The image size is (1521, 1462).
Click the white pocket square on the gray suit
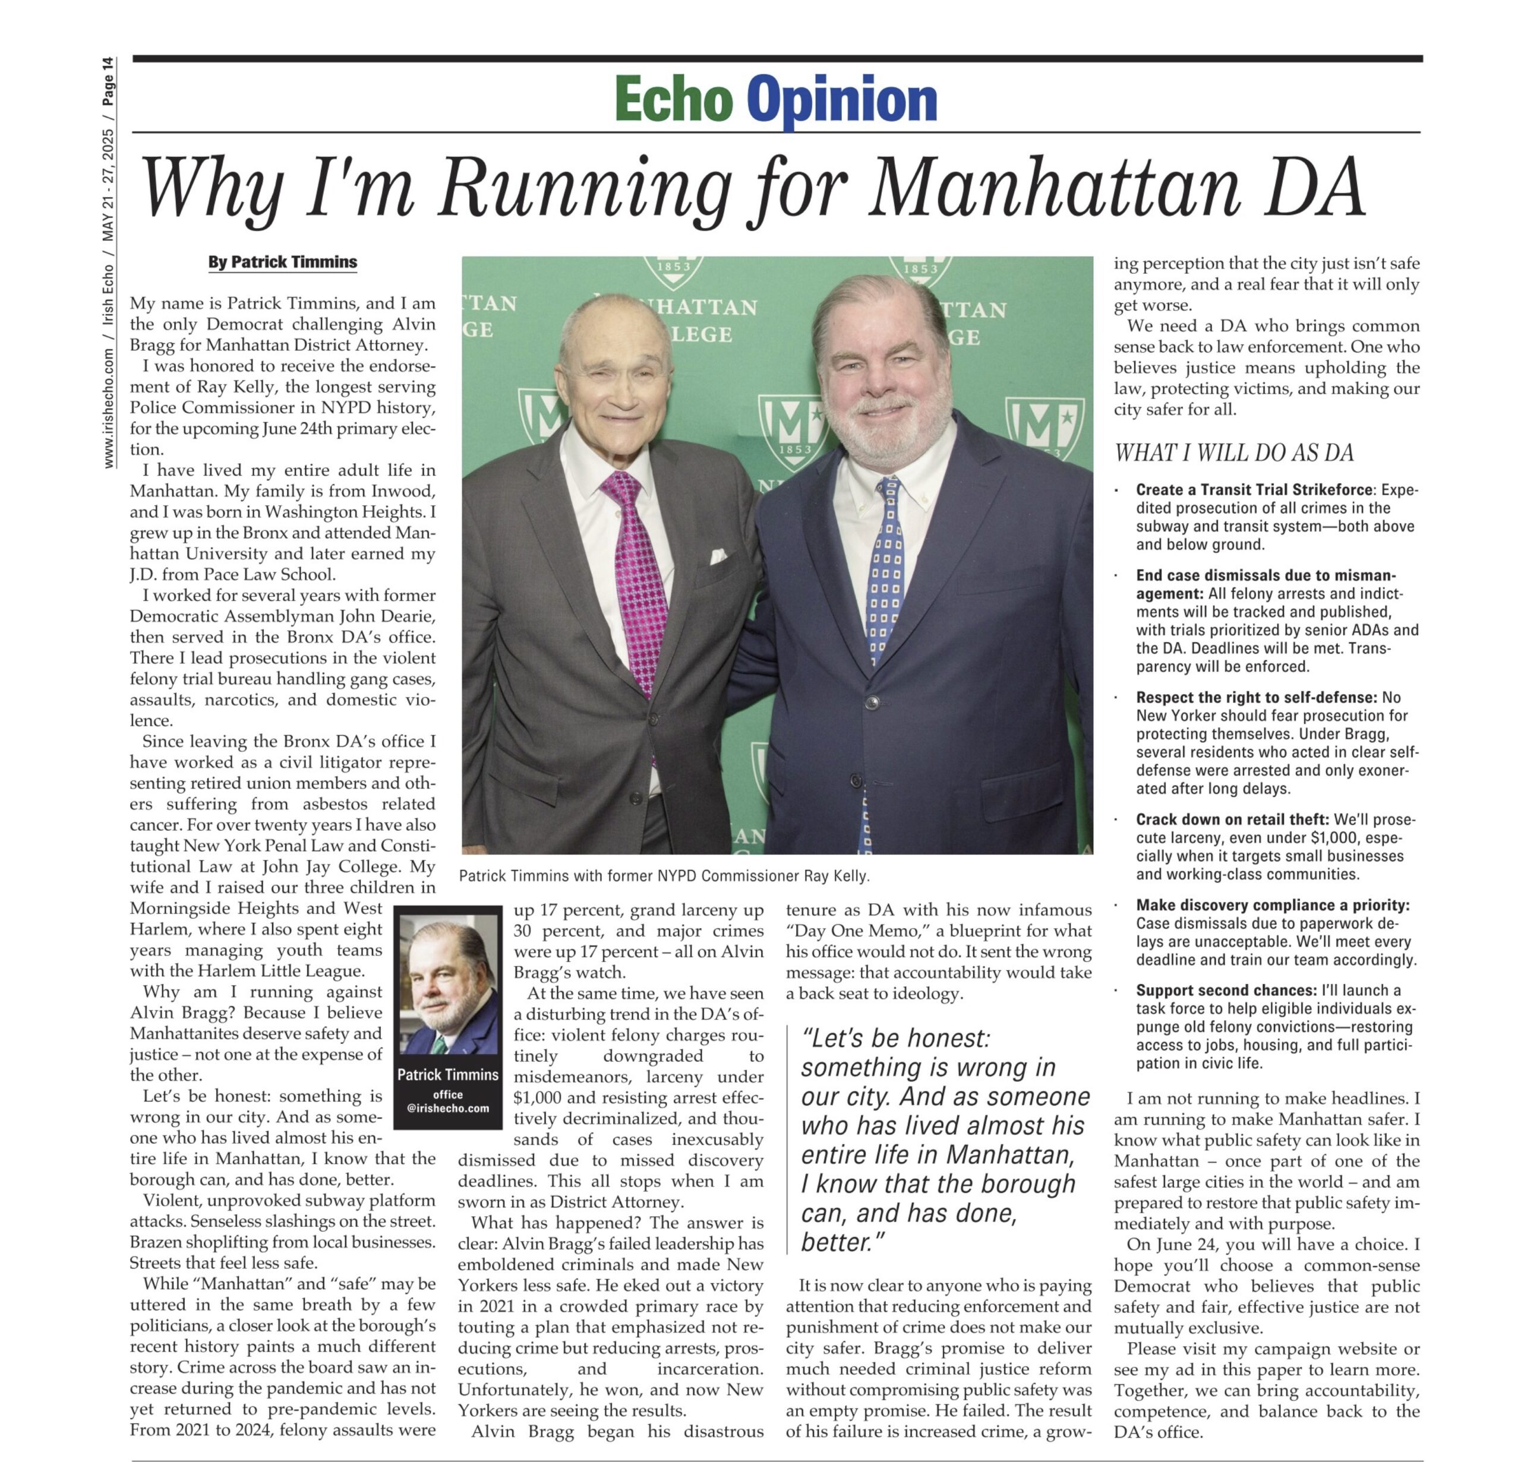coord(718,555)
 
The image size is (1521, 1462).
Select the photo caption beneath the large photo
coord(664,876)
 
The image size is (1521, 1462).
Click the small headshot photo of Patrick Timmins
coord(448,985)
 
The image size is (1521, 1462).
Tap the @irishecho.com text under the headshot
coord(448,1107)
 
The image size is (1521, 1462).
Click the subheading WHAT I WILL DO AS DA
coord(1234,453)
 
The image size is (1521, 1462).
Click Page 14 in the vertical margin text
coord(108,81)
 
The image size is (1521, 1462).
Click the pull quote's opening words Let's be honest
coord(897,1039)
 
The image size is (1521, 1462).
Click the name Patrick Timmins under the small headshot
coord(448,1074)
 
